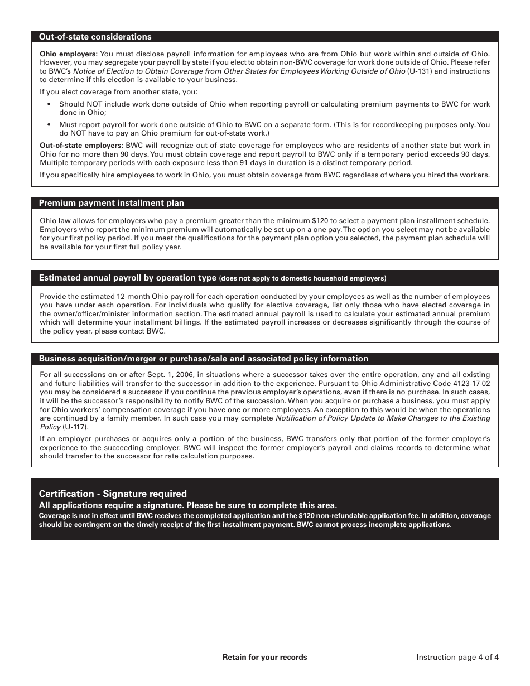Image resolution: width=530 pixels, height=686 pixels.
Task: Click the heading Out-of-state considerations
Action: (x=95, y=37)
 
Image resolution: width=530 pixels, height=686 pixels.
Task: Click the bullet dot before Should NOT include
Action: (x=49, y=104)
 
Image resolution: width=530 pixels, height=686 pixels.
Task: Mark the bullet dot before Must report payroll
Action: (x=49, y=125)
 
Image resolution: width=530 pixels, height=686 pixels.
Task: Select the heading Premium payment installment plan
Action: (x=111, y=203)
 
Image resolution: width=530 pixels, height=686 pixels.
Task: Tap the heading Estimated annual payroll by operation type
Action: (x=127, y=278)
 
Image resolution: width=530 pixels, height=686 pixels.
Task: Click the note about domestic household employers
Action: (x=302, y=278)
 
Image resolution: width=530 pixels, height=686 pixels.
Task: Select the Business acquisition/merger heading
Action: (x=203, y=359)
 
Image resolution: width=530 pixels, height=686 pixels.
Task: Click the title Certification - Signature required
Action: (x=113, y=494)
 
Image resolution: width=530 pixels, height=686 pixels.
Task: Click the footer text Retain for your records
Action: (x=264, y=657)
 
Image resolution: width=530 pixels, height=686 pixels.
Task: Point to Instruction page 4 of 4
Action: (x=457, y=657)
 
